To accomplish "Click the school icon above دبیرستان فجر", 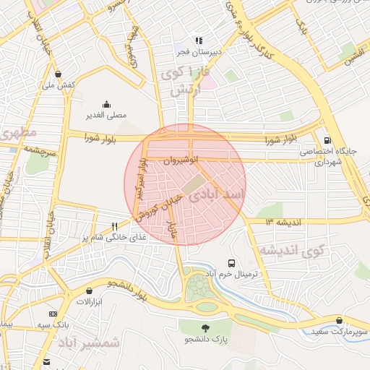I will click(x=197, y=40).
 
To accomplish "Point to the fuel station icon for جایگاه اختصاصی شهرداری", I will click(x=329, y=139).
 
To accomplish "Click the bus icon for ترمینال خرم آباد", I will click(x=231, y=264).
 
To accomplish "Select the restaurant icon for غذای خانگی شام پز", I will click(x=114, y=225).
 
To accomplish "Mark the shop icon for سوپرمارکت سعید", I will click(x=339, y=321).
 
